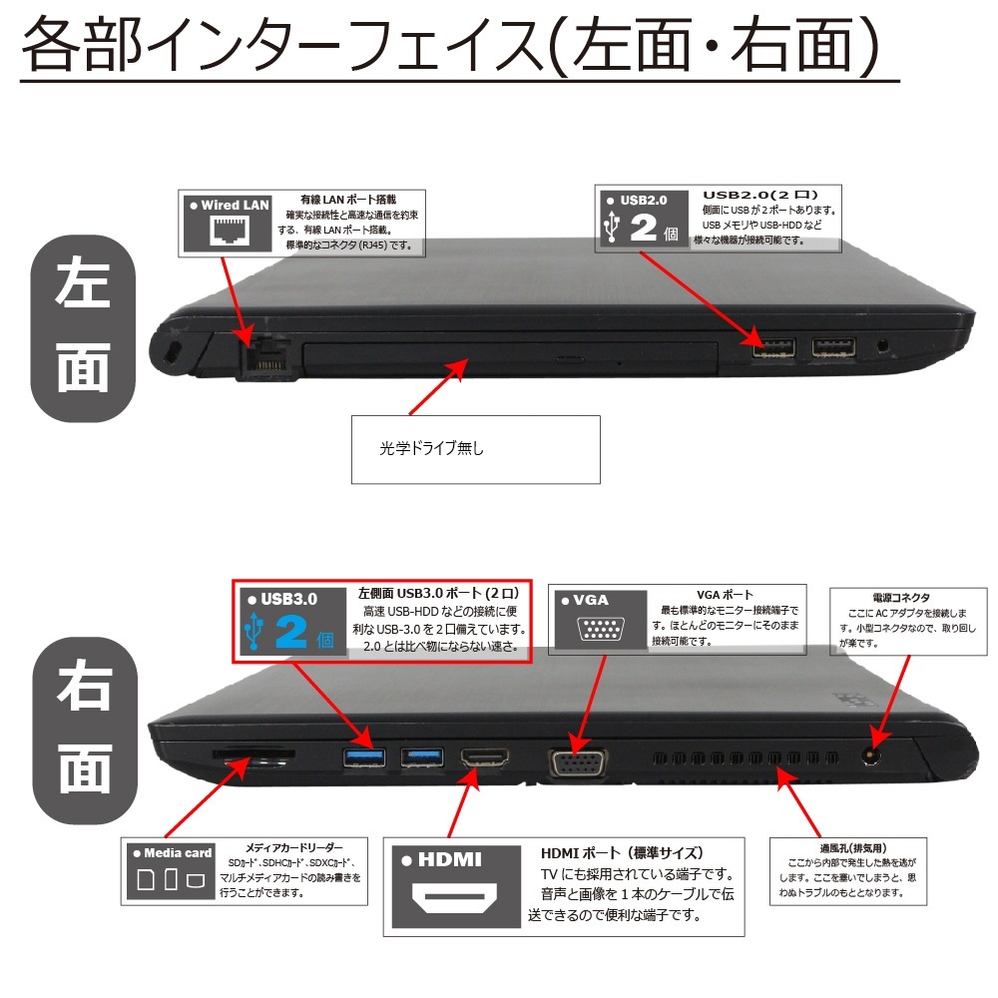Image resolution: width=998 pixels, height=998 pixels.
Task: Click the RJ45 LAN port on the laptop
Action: (267, 360)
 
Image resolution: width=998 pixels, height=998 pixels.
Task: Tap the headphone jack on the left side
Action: (883, 347)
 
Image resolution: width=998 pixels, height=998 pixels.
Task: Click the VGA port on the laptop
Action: (575, 762)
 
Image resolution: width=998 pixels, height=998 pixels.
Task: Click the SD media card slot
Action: (252, 756)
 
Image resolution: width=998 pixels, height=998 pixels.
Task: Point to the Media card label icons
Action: (170, 879)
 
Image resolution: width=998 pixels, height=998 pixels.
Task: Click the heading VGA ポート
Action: (726, 595)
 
